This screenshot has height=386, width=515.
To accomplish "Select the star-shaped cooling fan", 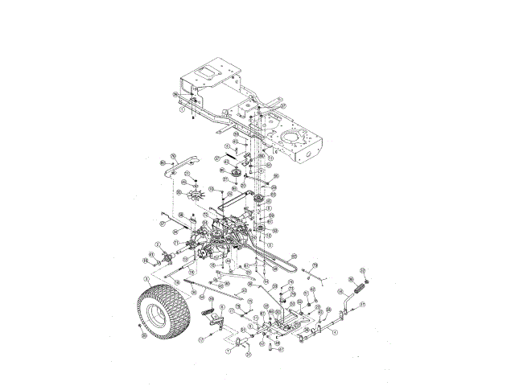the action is click(x=194, y=194).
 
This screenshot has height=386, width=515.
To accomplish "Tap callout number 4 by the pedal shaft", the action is click(x=336, y=331).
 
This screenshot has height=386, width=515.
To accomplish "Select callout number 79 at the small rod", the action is click(x=315, y=265).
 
